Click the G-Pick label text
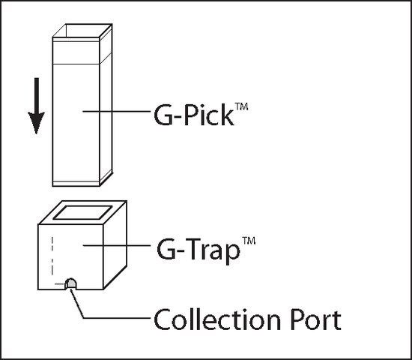[x=194, y=115]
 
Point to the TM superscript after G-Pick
[x=241, y=106]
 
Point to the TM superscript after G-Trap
[x=249, y=241]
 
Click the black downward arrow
[x=36, y=106]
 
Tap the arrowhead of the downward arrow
[x=36, y=123]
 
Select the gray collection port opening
[x=70, y=283]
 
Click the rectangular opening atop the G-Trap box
[x=83, y=213]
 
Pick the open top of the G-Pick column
[x=82, y=31]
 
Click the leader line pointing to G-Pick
[x=116, y=111]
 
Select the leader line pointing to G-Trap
[x=116, y=245]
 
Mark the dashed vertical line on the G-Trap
[x=52, y=256]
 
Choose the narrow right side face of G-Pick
[x=106, y=105]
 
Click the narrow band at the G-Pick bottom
[x=76, y=184]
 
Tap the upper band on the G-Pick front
[x=76, y=51]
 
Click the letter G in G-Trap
[x=166, y=249]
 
